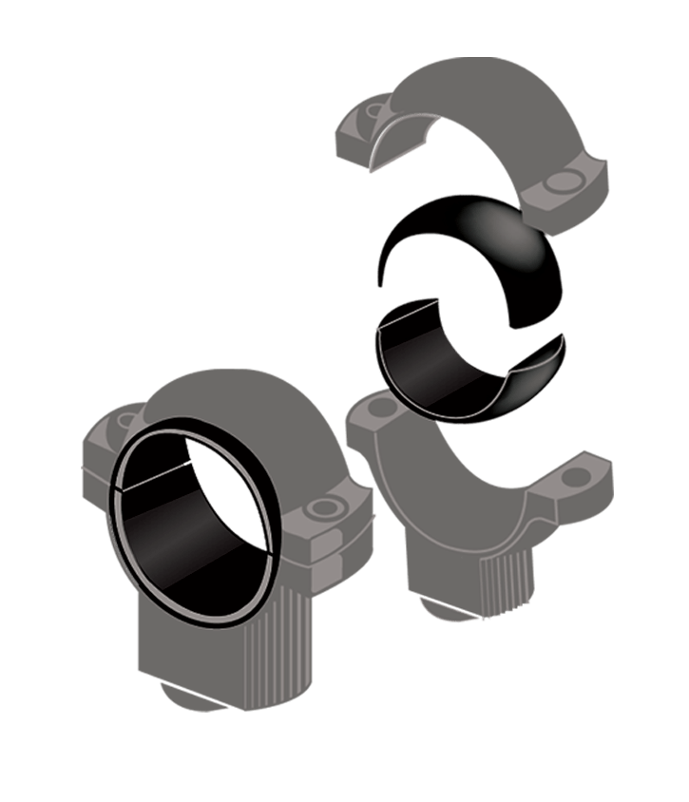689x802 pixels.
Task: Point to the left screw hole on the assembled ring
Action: pos(124,419)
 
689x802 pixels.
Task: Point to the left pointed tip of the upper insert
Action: pos(381,282)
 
